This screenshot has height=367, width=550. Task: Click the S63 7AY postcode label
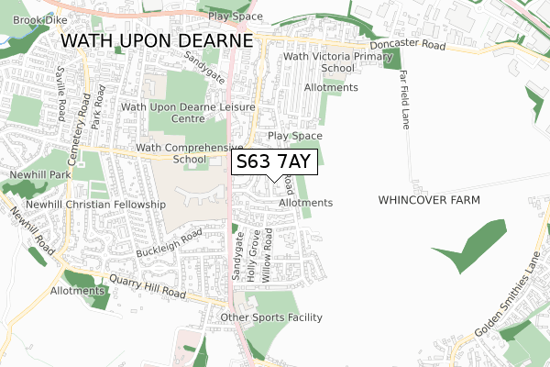[x=275, y=162]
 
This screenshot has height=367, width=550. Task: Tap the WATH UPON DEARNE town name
[x=156, y=42]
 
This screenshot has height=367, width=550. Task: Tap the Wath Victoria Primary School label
[x=319, y=62]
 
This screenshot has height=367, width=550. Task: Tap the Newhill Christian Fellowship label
[x=95, y=204]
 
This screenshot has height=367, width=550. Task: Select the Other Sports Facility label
[x=271, y=317]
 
